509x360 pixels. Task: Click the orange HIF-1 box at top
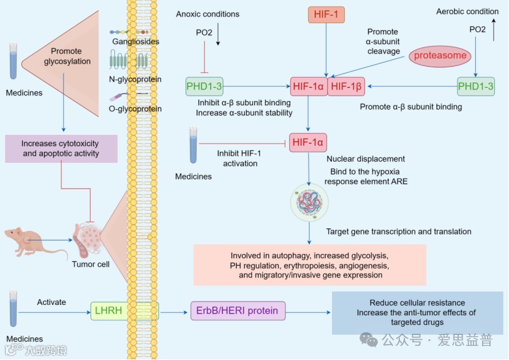(325, 13)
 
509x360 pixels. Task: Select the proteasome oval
(440, 56)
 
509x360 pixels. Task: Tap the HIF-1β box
(347, 87)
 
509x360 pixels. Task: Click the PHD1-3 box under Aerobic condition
(476, 87)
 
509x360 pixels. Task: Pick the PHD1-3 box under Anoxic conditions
(204, 87)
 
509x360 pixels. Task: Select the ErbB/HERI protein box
(238, 311)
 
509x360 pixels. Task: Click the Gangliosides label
(136, 42)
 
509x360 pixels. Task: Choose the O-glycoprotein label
(135, 109)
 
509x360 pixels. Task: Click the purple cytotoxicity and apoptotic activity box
(60, 149)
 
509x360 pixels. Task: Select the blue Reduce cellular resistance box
(417, 313)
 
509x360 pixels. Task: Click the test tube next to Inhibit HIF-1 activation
(193, 146)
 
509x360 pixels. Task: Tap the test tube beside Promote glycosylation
(13, 62)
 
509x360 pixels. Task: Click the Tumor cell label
(91, 264)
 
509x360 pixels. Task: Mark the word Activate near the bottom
(51, 302)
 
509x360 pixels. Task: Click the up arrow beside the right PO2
(494, 33)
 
